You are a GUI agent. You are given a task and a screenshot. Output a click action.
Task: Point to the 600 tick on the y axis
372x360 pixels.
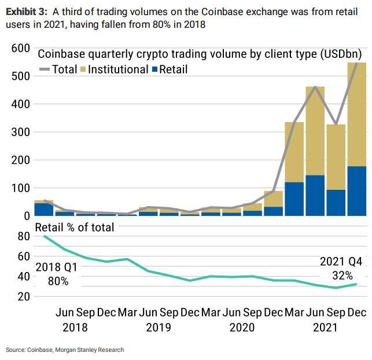point(19,49)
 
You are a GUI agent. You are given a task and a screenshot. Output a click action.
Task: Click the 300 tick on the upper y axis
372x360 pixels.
point(19,133)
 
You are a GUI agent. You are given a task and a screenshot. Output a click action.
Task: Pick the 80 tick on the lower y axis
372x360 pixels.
point(23,236)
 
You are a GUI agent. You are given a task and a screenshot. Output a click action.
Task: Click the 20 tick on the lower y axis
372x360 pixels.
point(23,296)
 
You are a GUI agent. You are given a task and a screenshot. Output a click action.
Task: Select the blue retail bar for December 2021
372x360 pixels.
point(357,191)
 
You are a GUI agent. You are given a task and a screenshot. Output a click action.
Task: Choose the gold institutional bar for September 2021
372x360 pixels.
point(336,156)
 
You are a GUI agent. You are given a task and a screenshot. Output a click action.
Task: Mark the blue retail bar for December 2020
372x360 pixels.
point(273,211)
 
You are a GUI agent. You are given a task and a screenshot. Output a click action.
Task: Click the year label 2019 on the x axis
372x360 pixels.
point(159,327)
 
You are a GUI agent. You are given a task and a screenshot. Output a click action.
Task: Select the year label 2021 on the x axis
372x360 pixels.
point(325,327)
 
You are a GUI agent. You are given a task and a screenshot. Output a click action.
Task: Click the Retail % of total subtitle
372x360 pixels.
point(75,227)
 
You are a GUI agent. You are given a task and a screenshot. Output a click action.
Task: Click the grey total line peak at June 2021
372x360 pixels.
point(315,87)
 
